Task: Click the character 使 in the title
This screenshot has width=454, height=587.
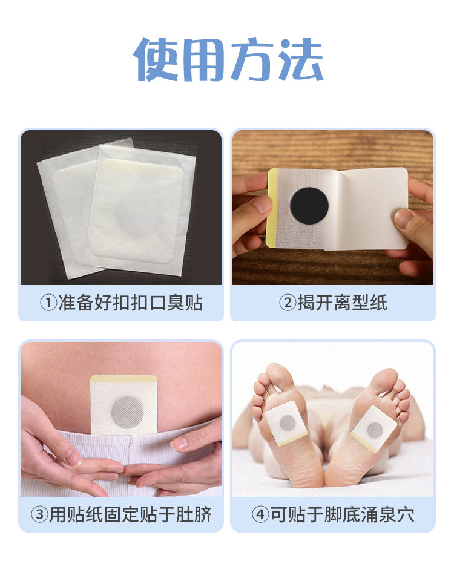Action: point(156,60)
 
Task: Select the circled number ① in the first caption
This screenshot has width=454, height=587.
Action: point(48,303)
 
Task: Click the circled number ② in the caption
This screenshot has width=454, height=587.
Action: point(287,303)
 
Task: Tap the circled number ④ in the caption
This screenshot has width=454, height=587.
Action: point(260,515)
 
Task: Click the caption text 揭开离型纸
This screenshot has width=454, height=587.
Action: point(342,303)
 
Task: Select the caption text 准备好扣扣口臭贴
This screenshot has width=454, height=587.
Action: point(130,303)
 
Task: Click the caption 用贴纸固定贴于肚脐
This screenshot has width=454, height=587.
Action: point(130,515)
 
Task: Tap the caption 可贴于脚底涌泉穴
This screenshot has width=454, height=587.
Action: point(341,515)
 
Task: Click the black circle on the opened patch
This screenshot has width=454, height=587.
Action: point(309,205)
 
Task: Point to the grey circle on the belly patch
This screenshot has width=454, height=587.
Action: point(125,412)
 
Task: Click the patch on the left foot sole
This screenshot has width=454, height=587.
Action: point(287,421)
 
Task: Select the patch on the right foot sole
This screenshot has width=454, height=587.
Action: point(374,430)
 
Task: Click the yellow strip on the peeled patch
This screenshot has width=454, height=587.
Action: point(273,209)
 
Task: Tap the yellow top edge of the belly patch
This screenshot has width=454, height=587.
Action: point(123,380)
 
